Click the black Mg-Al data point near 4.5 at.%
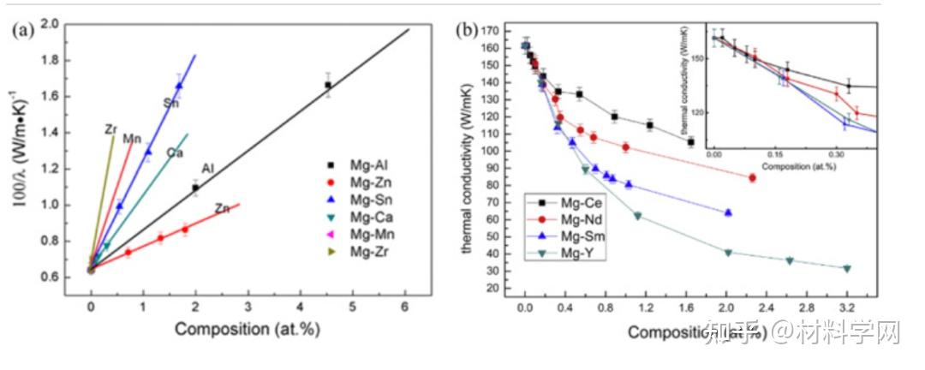[327, 85]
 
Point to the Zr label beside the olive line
[110, 129]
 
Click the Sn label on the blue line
[171, 104]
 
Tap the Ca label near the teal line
[174, 152]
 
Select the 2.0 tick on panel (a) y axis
[51, 25]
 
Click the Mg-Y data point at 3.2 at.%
[847, 268]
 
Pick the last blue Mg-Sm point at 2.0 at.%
[728, 212]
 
